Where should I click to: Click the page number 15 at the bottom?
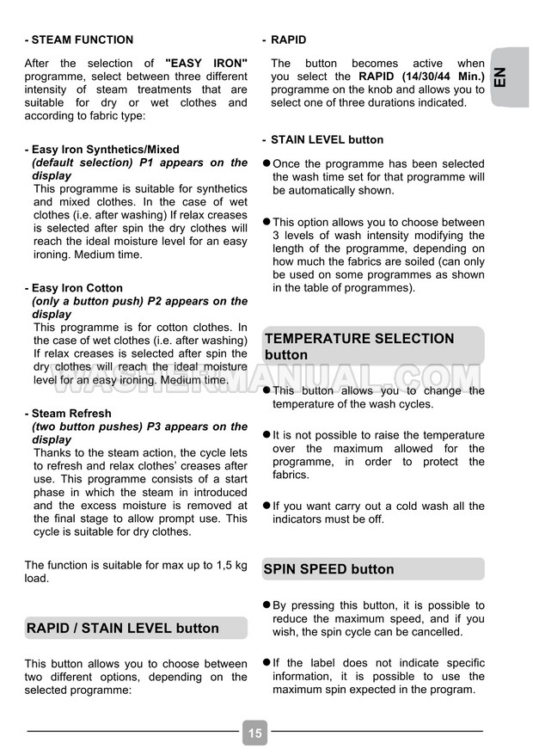coord(255,733)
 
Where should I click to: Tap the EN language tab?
coord(507,77)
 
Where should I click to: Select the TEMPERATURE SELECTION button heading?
coord(359,347)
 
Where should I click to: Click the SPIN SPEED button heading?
coord(328,569)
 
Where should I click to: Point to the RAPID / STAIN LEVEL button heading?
coord(123,629)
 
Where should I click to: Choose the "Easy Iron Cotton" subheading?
coord(77,288)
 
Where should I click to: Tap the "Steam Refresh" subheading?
coord(71,414)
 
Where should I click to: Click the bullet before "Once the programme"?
coord(266,163)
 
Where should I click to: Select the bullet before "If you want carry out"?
coord(266,506)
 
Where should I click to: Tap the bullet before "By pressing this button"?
coord(266,605)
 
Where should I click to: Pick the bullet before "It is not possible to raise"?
coord(266,435)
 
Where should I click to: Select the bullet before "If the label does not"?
coord(266,663)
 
